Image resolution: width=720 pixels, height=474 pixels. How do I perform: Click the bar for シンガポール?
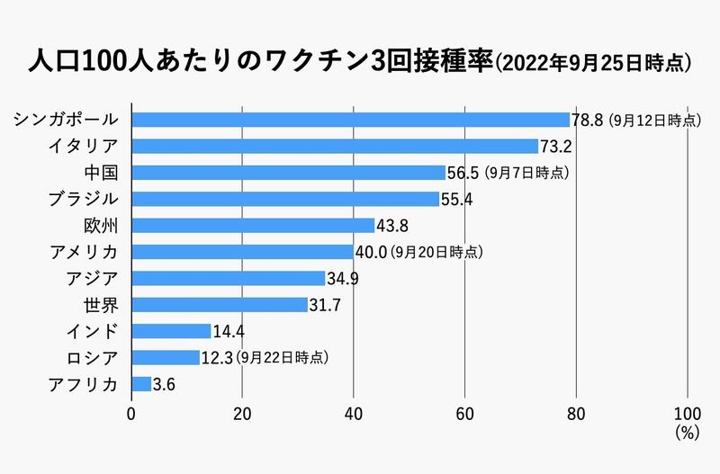coord(351,120)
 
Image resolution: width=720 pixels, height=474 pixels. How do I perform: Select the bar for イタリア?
coord(335,146)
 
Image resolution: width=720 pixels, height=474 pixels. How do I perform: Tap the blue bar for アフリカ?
coord(141,384)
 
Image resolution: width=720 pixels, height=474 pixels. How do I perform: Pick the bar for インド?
coord(171,331)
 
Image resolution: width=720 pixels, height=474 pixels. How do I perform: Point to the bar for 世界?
coord(220,305)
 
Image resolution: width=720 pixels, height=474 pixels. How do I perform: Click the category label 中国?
coord(101,172)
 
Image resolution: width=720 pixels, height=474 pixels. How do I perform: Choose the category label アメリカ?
coord(86,252)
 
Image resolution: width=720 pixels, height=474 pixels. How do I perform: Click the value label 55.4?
coord(457,200)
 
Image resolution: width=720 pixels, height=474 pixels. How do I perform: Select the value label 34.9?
coord(343,279)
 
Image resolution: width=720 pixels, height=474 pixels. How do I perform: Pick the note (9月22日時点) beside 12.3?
coord(282,358)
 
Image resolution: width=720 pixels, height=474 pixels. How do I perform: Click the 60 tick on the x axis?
coord(464,415)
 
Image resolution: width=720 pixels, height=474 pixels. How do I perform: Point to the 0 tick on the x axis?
coord(131,415)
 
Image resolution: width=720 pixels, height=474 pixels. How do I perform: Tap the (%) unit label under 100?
coord(687,433)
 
